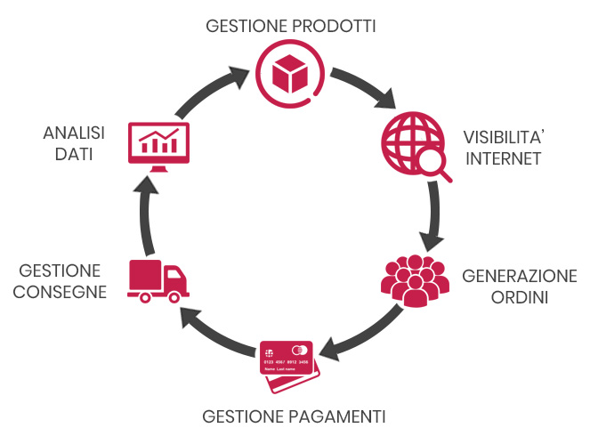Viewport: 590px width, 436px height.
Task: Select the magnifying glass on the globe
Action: [x=432, y=163]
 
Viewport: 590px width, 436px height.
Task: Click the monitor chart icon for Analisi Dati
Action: [x=160, y=144]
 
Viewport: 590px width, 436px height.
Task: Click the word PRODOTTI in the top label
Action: [x=333, y=25]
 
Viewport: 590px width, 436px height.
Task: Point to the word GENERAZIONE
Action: [x=520, y=275]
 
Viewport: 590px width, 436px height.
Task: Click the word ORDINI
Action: [x=520, y=295]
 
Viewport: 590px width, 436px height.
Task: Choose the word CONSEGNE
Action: [x=61, y=291]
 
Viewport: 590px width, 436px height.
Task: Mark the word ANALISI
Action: [x=74, y=133]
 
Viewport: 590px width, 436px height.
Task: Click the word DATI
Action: [x=74, y=154]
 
